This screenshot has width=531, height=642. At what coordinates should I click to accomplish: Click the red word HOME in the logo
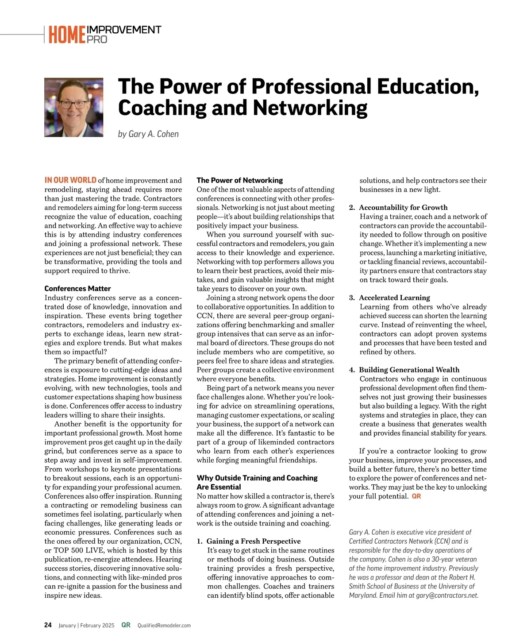[x=67, y=35]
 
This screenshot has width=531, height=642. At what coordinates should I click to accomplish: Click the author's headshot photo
[x=74, y=107]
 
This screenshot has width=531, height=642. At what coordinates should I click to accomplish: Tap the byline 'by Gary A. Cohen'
[x=148, y=134]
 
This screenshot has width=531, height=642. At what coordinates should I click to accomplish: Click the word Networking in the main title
[x=310, y=108]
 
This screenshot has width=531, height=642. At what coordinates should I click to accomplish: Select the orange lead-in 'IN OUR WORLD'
[x=70, y=180]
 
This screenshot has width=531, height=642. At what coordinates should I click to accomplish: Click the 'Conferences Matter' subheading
[x=77, y=289]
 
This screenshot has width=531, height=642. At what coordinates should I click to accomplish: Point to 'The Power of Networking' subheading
[x=240, y=180]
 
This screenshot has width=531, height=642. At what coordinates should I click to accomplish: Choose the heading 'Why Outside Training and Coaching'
[x=257, y=478]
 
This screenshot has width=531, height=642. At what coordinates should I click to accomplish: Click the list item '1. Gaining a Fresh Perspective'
[x=249, y=541]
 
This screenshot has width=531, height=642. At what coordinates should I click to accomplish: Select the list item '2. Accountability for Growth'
[x=398, y=207]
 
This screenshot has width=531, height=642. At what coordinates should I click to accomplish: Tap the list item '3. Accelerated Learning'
[x=389, y=298]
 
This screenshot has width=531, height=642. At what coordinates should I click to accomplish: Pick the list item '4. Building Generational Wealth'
[x=404, y=370]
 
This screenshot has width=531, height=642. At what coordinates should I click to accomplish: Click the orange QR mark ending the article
[x=416, y=496]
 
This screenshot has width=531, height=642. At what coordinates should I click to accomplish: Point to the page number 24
[x=48, y=625]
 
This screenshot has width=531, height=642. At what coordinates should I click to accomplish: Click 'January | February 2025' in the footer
[x=86, y=626]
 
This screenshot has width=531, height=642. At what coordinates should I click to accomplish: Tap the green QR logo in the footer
[x=126, y=625]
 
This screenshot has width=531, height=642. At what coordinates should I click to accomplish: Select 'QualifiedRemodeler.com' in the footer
[x=164, y=626]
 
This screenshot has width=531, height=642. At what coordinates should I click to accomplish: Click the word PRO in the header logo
[x=97, y=39]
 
